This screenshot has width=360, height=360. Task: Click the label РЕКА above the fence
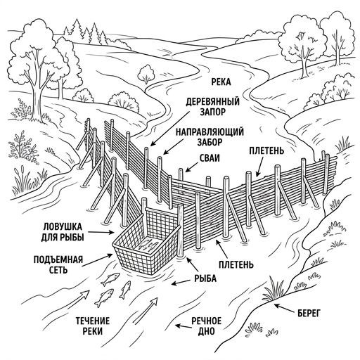pyautogui.click(x=221, y=82)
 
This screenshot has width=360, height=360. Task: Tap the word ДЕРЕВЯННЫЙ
pyautogui.click(x=213, y=102)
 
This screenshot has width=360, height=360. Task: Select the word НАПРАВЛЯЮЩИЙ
pyautogui.click(x=210, y=132)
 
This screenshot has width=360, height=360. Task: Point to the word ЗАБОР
pyautogui.click(x=210, y=142)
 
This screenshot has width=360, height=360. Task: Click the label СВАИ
pyautogui.click(x=210, y=158)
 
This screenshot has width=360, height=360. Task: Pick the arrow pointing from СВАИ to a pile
pyautogui.click(x=192, y=167)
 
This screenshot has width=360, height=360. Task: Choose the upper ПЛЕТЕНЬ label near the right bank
pyautogui.click(x=266, y=150)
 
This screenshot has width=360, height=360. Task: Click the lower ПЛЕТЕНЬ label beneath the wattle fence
pyautogui.click(x=236, y=264)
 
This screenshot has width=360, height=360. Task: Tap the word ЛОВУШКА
pyautogui.click(x=63, y=227)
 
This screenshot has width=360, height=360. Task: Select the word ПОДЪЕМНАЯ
pyautogui.click(x=58, y=259)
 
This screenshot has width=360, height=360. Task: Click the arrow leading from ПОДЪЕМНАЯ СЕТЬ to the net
pyautogui.click(x=97, y=259)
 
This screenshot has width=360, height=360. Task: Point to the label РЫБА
pyautogui.click(x=205, y=278)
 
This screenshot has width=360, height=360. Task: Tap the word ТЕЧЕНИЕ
pyautogui.click(x=93, y=321)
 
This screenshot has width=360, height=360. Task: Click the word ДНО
pyautogui.click(x=207, y=331)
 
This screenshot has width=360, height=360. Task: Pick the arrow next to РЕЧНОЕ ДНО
pyautogui.click(x=183, y=326)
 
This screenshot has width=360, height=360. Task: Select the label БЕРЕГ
pyautogui.click(x=309, y=313)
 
